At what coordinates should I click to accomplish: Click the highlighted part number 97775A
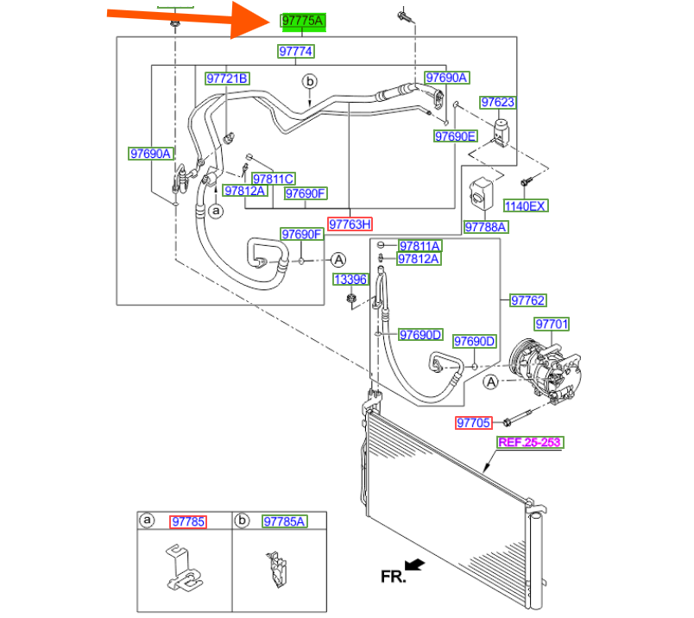(303, 21)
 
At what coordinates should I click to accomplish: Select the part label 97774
(296, 52)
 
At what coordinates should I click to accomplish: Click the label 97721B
(227, 79)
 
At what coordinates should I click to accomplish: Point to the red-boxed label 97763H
(350, 224)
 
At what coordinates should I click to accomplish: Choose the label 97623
(498, 103)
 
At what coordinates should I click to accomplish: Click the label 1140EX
(526, 206)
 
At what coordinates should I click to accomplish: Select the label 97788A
(486, 227)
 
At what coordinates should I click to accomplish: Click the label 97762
(527, 301)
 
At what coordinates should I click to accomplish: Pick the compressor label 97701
(552, 325)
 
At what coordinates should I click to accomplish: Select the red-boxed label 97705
(474, 423)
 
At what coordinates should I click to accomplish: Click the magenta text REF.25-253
(529, 443)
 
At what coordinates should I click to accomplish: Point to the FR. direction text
(393, 576)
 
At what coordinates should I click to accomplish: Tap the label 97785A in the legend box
(284, 521)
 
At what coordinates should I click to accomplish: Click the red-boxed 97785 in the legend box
(188, 521)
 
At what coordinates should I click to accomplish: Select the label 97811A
(419, 246)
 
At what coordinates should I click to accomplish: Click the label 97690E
(455, 136)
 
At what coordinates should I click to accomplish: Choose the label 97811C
(274, 179)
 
